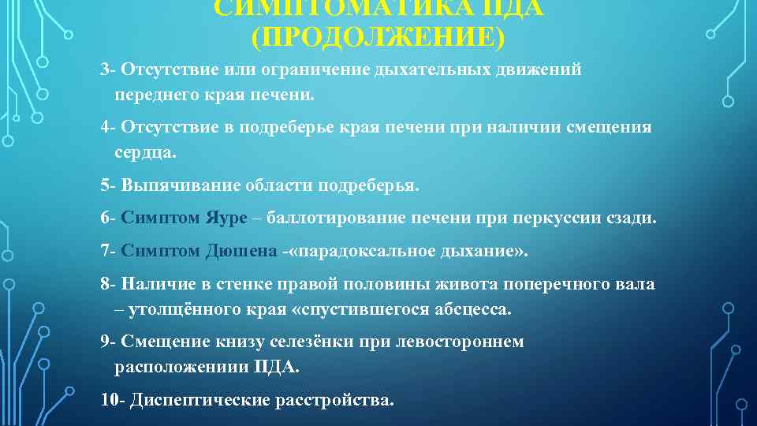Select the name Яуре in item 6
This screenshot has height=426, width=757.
(226, 218)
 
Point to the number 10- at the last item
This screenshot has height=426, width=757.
(114, 399)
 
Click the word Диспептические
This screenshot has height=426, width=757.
(200, 399)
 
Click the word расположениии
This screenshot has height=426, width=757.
(181, 367)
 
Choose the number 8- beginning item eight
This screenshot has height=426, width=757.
(109, 284)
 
